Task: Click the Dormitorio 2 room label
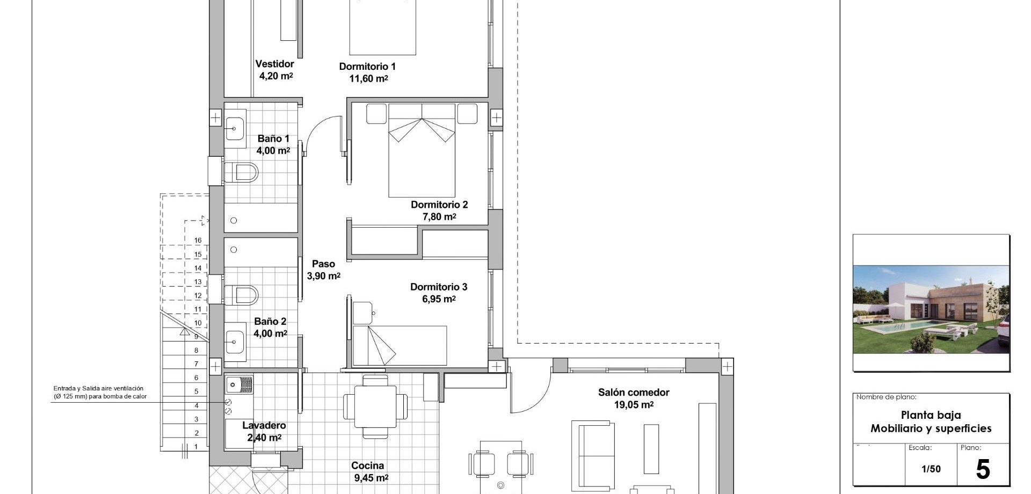pos(439,205)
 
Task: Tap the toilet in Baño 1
pos(241,173)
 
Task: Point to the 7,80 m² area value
pos(439,217)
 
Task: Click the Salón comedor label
pos(634,393)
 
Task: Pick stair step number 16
pos(198,241)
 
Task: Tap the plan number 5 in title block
pos(983,469)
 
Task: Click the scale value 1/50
pos(931,469)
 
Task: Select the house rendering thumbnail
pos(931,309)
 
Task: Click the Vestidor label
pos(274,64)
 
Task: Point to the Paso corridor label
pos(323,264)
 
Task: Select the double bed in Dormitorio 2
pos(422,150)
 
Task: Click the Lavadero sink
pos(239,384)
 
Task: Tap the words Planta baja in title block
pos(931,415)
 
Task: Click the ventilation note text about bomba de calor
pos(100,393)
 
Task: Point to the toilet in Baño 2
pos(241,295)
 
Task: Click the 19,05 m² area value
pos(634,405)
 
